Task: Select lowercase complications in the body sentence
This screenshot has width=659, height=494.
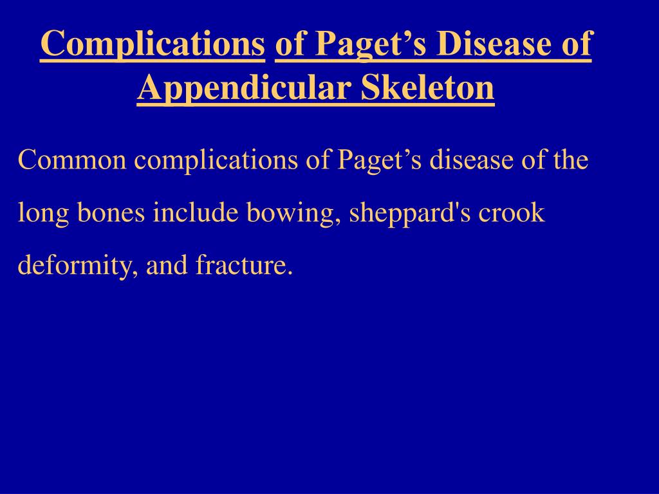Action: [x=216, y=160]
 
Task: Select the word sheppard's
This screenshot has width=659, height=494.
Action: [x=403, y=212]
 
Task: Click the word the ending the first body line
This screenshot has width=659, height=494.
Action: [x=570, y=160]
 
